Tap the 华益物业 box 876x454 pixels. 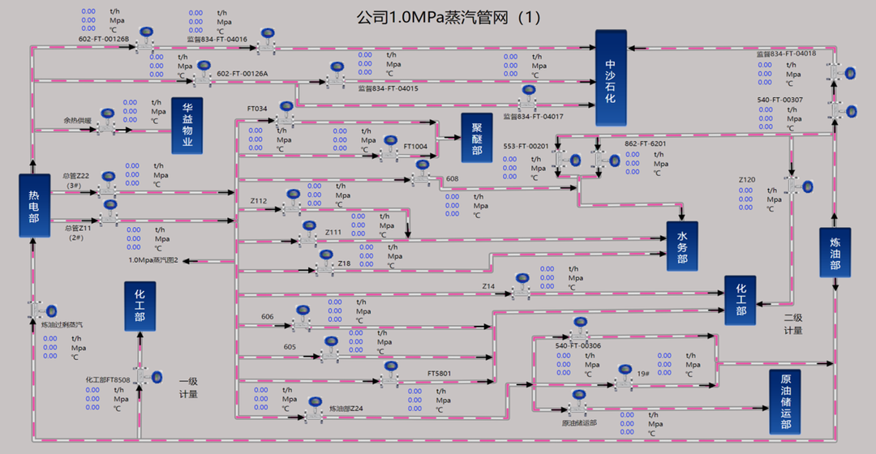coord(187,126)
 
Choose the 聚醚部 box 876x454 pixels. coord(476,138)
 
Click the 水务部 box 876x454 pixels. coord(682,246)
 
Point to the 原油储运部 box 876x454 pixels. coord(785,402)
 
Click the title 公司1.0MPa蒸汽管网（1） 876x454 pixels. coord(448,16)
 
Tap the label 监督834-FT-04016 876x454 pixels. coord(217,39)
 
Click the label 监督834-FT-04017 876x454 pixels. coord(533,117)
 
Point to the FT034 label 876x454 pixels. coord(257,109)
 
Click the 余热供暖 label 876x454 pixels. coord(79,120)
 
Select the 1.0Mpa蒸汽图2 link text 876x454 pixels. coord(153,260)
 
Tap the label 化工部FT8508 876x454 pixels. coord(108,379)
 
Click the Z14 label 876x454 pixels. coord(488,286)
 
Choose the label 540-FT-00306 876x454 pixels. coord(578,346)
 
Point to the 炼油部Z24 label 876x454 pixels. coord(346,408)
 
